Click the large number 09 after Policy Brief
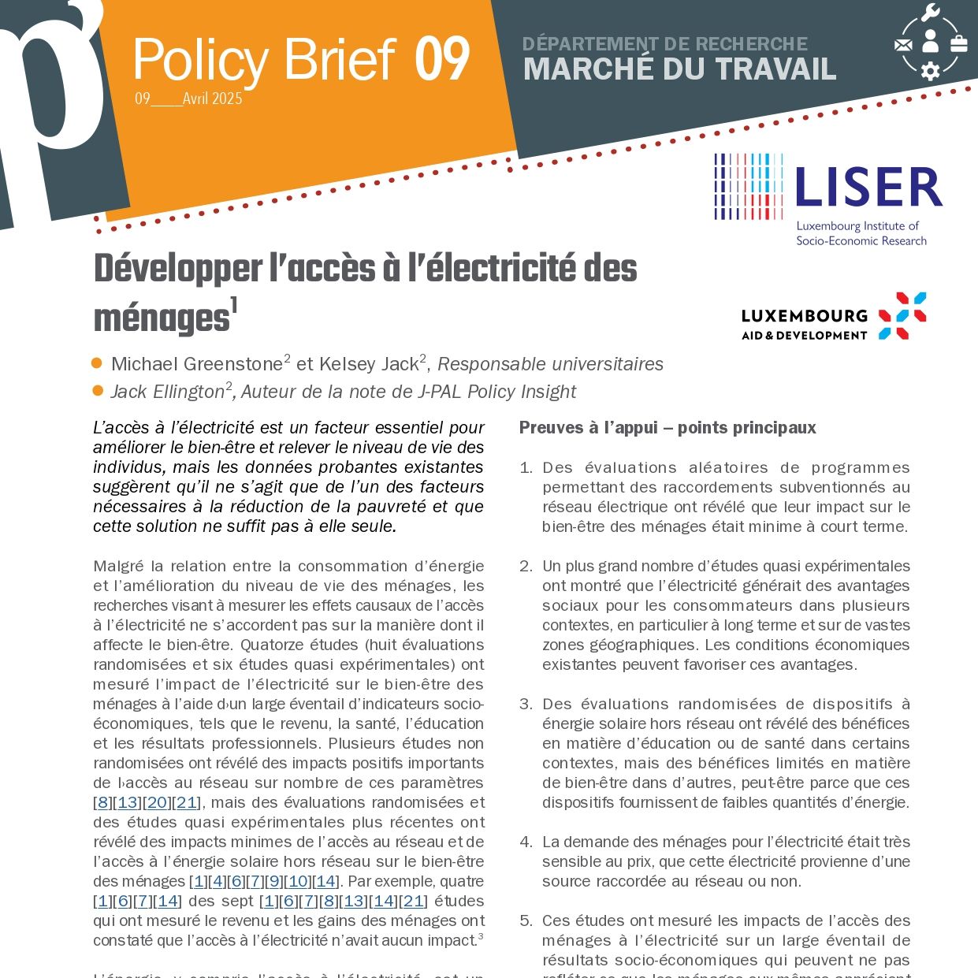(443, 60)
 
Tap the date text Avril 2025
(212, 99)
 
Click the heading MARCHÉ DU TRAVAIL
(679, 69)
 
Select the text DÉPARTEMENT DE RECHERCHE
(665, 44)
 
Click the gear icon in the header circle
(931, 71)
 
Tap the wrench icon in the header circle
(930, 13)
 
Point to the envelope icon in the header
(903, 45)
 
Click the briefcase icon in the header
(959, 43)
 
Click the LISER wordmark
(868, 188)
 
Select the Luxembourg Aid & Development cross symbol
(902, 315)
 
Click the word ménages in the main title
(162, 319)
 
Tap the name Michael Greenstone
(196, 364)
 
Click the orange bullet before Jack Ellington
(98, 391)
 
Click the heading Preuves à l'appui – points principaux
(667, 428)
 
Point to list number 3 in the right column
(526, 705)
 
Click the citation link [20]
(158, 803)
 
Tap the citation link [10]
(298, 882)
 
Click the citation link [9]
(273, 882)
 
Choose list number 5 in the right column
(526, 921)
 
